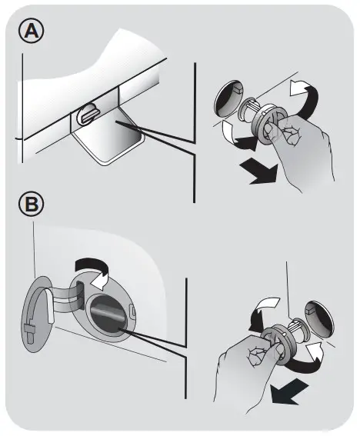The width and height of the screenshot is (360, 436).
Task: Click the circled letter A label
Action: [32, 31]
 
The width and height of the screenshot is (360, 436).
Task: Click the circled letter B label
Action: [32, 205]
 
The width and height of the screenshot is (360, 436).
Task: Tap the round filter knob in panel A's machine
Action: [87, 114]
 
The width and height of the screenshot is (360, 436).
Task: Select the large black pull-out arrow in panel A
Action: [259, 173]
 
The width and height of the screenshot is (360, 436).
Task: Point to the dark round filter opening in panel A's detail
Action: [229, 98]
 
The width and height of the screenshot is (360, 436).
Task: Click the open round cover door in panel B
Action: [36, 315]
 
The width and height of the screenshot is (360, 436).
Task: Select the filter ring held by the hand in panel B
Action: [278, 344]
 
